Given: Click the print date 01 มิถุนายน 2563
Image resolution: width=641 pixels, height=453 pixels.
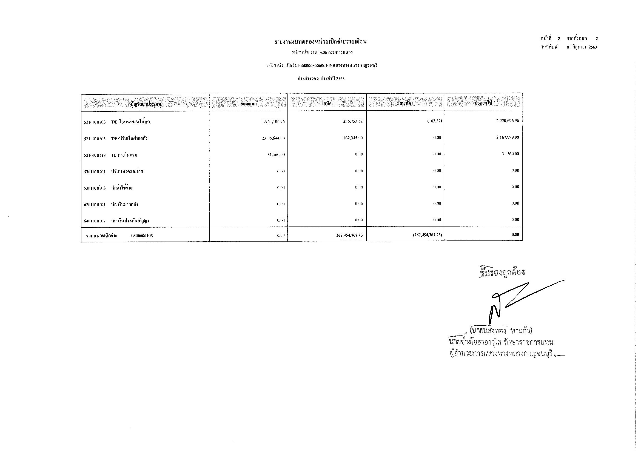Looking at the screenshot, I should (x=582, y=47).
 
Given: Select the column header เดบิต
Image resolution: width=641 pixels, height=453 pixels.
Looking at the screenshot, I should (x=327, y=104).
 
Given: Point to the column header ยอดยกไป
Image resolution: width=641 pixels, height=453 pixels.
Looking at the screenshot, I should (x=483, y=103).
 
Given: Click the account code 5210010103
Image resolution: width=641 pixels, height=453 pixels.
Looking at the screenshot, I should (x=95, y=122).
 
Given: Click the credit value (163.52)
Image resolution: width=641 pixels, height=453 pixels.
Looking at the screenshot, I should (x=434, y=121).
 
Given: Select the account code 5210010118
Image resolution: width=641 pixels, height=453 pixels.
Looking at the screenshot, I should (x=95, y=155).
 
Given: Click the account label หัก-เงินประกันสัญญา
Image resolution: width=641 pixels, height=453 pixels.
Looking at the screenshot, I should (x=130, y=221).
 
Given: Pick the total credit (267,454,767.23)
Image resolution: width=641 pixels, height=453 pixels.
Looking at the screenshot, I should (x=427, y=235).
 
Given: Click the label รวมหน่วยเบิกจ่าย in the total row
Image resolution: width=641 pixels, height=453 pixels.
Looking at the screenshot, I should (x=102, y=236).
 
